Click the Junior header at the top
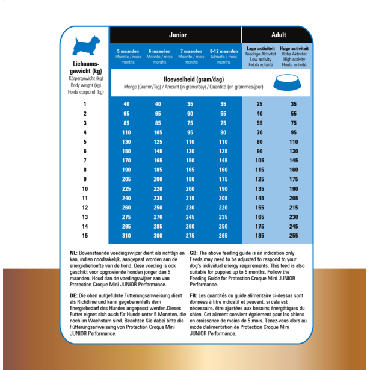tap(177, 35)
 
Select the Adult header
tap(279, 35)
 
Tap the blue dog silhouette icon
tap(85, 47)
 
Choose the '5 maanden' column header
tap(128, 52)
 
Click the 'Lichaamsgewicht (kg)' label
tap(85, 69)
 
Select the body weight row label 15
tap(85, 235)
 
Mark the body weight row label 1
tap(85, 104)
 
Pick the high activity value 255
tap(294, 235)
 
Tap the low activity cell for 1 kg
tap(259, 104)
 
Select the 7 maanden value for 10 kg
tap(191, 188)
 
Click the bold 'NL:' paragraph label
tap(73, 254)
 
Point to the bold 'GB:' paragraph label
tap(194, 254)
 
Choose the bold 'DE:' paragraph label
tap(73, 295)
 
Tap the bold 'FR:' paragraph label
tap(194, 295)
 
